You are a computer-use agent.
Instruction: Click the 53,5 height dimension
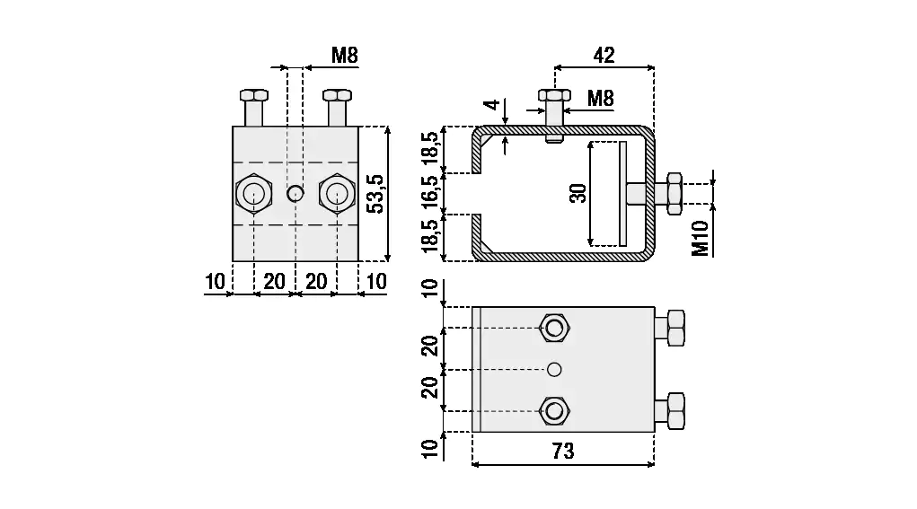(x=377, y=194)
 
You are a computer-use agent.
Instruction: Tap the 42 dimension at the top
(x=604, y=55)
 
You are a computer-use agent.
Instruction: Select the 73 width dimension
(x=563, y=451)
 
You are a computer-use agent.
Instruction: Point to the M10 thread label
(x=701, y=237)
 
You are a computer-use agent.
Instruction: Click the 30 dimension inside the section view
(x=578, y=193)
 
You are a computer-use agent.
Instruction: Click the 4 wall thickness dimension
(x=491, y=104)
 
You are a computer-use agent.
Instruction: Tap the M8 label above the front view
(x=344, y=55)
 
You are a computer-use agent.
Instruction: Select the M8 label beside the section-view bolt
(x=601, y=98)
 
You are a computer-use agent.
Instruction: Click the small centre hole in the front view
(x=295, y=193)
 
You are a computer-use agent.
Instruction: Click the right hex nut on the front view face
(x=337, y=193)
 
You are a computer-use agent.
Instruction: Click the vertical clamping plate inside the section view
(x=622, y=193)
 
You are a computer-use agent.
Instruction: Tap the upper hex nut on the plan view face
(x=554, y=328)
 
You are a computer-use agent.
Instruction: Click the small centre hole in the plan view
(x=554, y=369)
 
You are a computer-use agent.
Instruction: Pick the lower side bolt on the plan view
(x=673, y=411)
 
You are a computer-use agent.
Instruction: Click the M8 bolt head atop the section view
(x=554, y=94)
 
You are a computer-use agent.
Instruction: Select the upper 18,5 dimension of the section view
(x=431, y=150)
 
